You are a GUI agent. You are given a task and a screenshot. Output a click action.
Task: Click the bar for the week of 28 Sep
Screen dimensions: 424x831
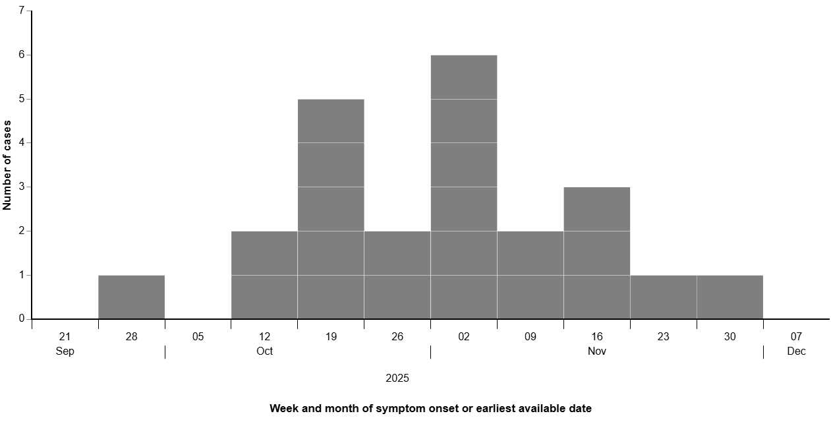click(131, 297)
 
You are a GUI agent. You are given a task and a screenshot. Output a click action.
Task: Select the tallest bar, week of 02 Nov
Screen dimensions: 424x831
click(464, 187)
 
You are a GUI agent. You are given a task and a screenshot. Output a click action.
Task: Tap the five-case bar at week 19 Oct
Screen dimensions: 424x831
click(331, 208)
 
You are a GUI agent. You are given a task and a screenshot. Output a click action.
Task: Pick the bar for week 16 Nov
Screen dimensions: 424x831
click(597, 253)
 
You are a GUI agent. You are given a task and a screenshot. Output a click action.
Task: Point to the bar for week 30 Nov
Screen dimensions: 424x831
click(730, 297)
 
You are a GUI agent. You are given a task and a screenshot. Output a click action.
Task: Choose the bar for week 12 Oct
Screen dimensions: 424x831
click(264, 274)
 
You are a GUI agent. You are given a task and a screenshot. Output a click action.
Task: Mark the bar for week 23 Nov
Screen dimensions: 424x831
click(663, 297)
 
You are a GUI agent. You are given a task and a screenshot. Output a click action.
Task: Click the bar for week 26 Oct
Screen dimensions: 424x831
click(397, 274)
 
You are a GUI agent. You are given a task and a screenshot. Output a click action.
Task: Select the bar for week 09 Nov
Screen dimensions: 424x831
click(530, 274)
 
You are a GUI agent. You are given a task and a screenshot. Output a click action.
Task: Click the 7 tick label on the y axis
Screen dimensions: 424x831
click(22, 11)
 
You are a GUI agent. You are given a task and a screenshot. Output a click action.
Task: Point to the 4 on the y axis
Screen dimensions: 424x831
click(22, 142)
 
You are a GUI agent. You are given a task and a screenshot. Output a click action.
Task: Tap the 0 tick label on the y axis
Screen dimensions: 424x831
click(22, 318)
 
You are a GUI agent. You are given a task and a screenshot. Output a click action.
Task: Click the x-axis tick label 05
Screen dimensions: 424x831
click(198, 337)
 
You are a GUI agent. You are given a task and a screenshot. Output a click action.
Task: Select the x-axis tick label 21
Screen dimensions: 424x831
click(65, 337)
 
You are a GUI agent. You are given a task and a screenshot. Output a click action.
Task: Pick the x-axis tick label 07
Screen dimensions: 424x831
click(796, 337)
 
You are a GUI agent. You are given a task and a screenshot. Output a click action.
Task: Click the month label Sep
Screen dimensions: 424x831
click(65, 351)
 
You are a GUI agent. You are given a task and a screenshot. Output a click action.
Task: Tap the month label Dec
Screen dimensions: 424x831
click(796, 351)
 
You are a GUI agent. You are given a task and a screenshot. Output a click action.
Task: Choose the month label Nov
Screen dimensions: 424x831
click(597, 351)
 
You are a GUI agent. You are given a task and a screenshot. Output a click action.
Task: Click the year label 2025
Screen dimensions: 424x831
click(397, 379)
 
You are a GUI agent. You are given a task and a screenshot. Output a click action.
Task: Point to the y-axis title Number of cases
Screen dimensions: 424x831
click(8, 165)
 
